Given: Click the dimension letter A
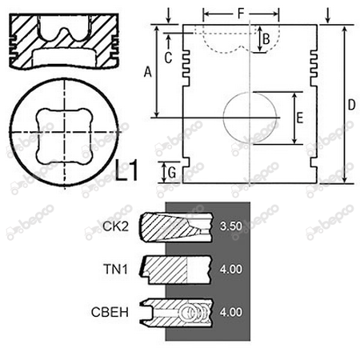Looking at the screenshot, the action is coord(147,72).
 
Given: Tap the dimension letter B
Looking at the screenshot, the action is coord(266,39).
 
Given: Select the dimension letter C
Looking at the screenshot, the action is coord(168,58).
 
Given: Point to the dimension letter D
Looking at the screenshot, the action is coord(351,105).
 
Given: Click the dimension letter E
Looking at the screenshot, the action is coord(300,118).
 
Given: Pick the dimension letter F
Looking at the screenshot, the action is coord(241,14).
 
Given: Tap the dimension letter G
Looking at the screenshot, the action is coord(172,173).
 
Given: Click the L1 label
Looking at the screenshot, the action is coord(126,170).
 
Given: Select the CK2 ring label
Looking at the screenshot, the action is coord(115,226).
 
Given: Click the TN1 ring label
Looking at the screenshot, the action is coord(115,269).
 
